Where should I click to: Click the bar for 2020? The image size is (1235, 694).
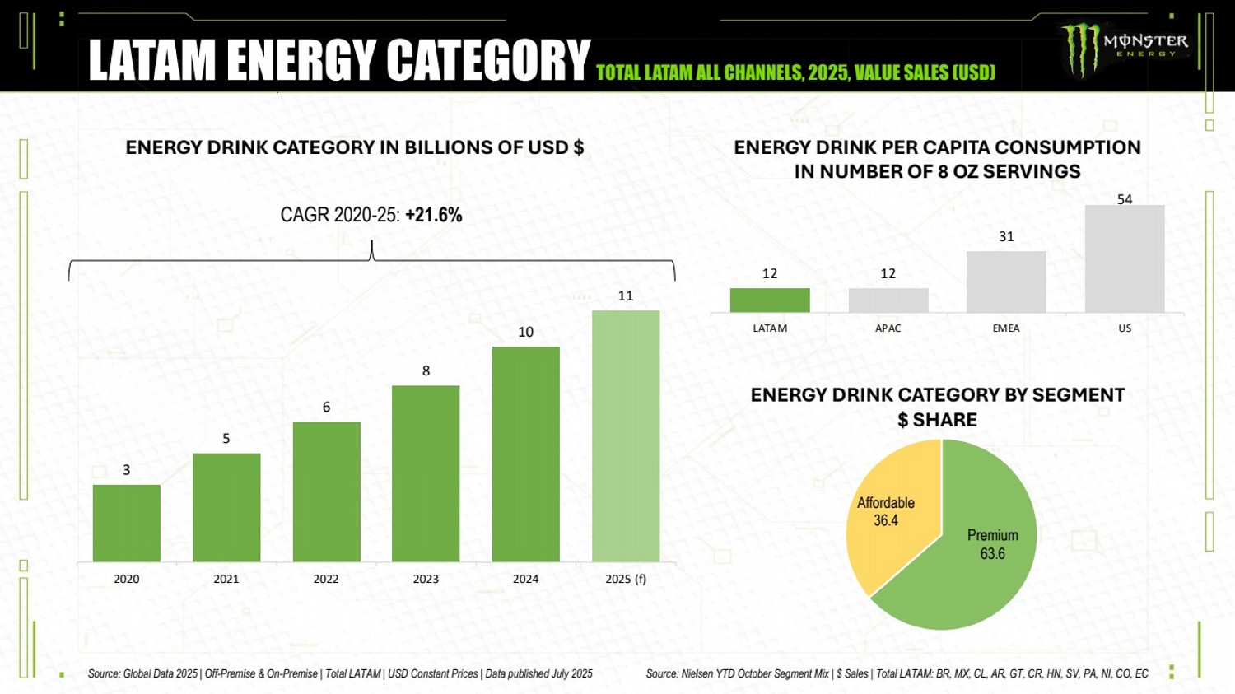pos(127,524)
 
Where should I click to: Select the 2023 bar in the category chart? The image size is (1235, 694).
pos(426,474)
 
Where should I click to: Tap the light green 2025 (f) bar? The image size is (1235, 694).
pos(626,436)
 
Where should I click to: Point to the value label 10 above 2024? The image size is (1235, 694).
pos(526,332)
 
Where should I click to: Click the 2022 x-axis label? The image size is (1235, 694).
pos(326,579)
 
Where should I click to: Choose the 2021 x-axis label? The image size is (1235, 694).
pos(226,579)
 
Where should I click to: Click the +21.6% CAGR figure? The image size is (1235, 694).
pos(434,215)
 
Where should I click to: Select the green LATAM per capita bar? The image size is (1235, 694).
pos(770,300)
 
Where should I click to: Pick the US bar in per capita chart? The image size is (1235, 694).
pos(1125,259)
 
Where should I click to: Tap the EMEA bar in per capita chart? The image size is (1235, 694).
pos(1006,282)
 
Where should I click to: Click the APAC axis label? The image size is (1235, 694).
pos(888,328)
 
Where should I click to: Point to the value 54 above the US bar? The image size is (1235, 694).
pos(1125,199)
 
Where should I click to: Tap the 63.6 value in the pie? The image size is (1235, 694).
pos(992,554)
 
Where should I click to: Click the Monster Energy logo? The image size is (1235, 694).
pos(1124,47)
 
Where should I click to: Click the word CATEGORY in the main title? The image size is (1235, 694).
pos(488,60)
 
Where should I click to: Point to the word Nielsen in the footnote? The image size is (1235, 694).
pos(697,673)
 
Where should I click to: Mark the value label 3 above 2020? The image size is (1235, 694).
pos(127,470)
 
